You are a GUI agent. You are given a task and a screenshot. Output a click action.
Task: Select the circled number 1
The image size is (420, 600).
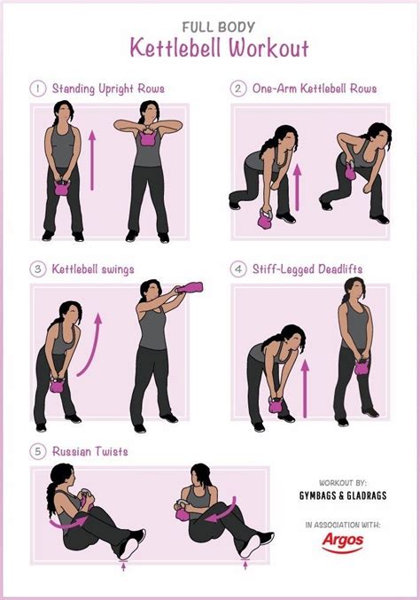[x=38, y=89]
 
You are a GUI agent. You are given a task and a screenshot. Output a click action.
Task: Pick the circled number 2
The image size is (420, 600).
[x=238, y=89]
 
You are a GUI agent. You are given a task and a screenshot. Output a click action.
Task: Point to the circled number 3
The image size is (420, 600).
[x=38, y=269]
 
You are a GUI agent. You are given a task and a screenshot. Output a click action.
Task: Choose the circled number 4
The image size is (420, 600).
[x=238, y=269]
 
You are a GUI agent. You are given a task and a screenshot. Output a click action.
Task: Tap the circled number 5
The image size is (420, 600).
[x=38, y=451]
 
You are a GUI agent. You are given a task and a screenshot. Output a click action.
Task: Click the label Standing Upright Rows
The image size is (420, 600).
[x=108, y=89]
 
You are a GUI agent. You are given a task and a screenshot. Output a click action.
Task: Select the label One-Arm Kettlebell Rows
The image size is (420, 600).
[x=315, y=89]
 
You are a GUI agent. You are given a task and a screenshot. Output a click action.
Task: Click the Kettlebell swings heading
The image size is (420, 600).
[x=92, y=269]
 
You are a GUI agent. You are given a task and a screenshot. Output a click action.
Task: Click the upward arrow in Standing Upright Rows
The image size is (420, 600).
[x=90, y=156]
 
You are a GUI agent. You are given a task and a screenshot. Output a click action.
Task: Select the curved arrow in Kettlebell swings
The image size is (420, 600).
[x=90, y=341]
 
